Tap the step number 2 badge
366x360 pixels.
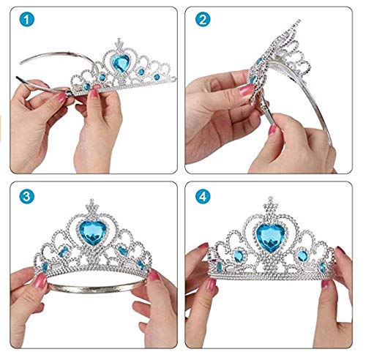pyautogui.click(x=203, y=21)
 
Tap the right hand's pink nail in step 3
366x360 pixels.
pyautogui.click(x=153, y=277)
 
